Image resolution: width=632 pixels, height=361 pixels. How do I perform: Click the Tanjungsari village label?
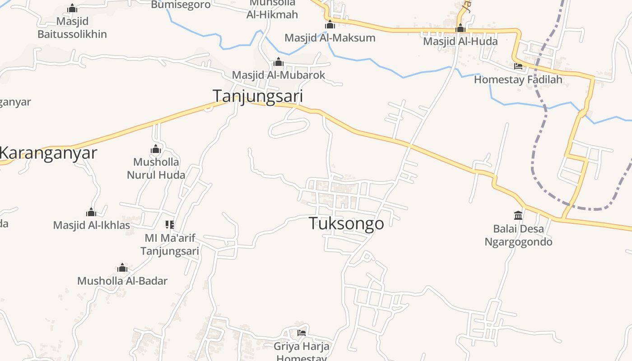pos(257,96)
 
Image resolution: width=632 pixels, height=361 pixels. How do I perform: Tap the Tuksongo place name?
pos(346,223)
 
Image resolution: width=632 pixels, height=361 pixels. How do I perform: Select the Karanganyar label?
pos(48,153)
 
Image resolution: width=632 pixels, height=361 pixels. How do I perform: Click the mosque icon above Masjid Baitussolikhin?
pos(72,9)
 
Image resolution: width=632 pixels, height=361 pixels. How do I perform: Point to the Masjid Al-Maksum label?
pos(330,38)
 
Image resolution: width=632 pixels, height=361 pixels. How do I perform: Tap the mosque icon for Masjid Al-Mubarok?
pos(279,62)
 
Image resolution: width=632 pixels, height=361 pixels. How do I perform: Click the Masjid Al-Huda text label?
pos(460,42)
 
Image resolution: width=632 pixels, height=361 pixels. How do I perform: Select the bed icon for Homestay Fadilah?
pos(518,66)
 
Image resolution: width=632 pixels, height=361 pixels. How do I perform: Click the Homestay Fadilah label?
pos(518,80)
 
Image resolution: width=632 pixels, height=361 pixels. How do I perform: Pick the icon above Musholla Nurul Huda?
pos(156,149)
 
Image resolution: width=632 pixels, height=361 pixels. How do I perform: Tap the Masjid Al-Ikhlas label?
pos(92,225)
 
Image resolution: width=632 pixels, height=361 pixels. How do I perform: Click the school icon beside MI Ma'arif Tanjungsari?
pos(170,224)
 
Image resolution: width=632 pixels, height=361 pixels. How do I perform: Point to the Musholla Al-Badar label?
pos(122,281)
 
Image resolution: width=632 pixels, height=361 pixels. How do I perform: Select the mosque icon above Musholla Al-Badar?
pos(122,268)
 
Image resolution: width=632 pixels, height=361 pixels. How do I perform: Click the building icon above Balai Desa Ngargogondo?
pos(518,215)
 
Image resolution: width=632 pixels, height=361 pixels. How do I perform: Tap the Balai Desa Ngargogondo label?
pos(518,235)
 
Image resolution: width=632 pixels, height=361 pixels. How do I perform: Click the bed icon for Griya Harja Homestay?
pos(302,333)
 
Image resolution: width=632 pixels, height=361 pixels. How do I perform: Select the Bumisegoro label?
pos(181,5)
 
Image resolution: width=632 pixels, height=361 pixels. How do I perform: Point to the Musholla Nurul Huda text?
pos(156,168)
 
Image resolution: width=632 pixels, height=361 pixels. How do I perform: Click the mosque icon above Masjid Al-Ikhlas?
pos(91,212)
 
